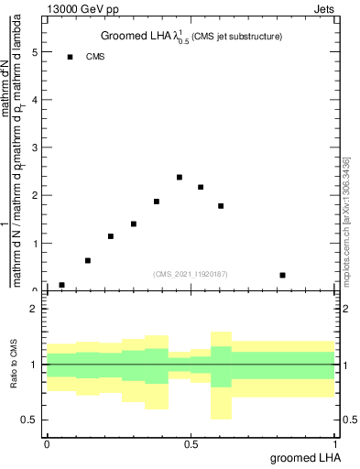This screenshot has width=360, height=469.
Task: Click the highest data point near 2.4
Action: (x=180, y=177)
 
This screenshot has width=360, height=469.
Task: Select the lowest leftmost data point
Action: (x=61, y=285)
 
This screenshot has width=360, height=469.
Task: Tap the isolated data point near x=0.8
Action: (x=282, y=275)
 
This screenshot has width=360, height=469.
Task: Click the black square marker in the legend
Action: (x=70, y=57)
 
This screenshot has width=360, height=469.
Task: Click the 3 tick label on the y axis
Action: (x=35, y=147)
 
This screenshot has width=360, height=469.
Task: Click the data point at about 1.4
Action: (x=134, y=224)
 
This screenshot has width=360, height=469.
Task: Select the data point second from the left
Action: (x=88, y=260)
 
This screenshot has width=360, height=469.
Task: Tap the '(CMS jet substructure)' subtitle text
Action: (x=235, y=37)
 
